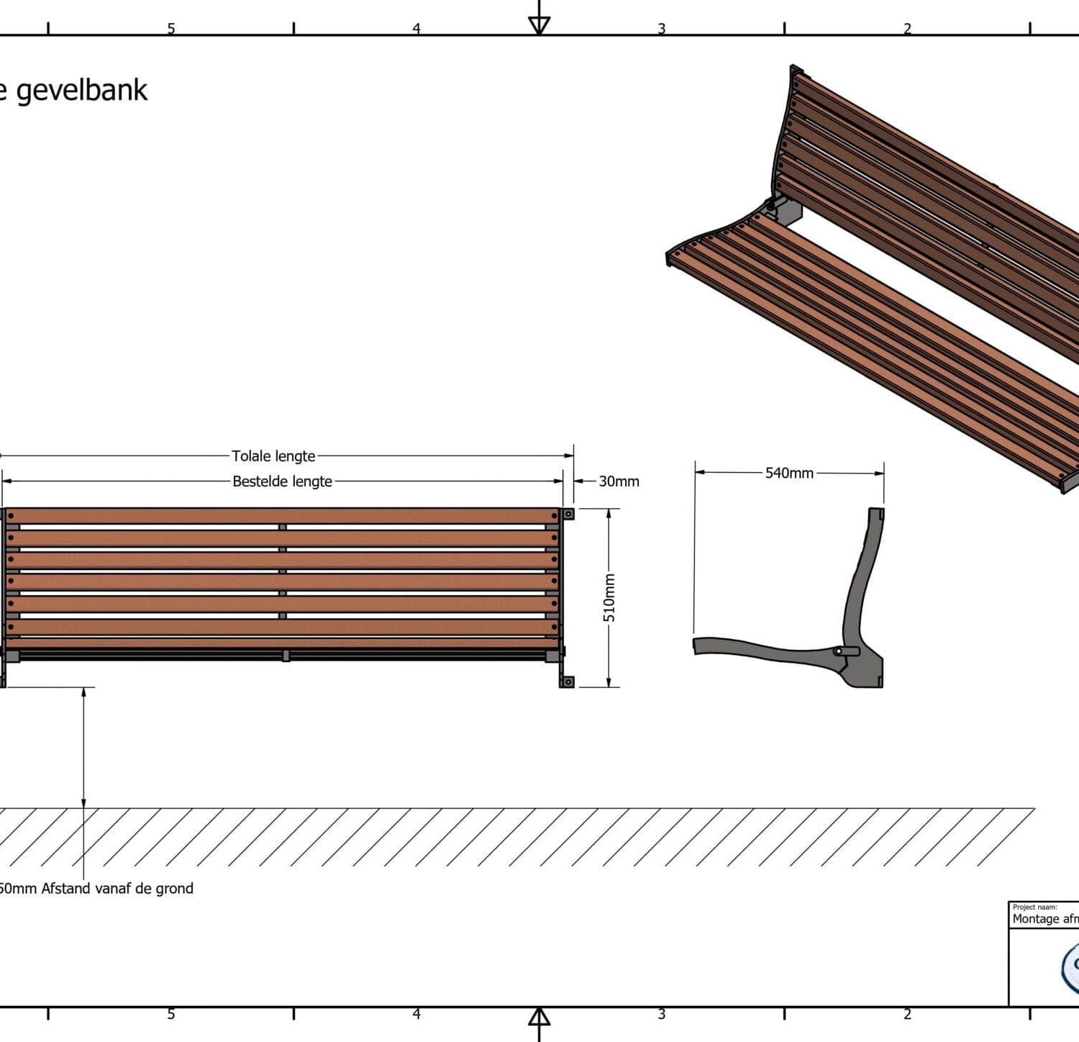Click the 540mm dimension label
pyautogui.click(x=789, y=473)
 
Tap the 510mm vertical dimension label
pyautogui.click(x=609, y=597)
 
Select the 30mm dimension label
pyautogui.click(x=619, y=481)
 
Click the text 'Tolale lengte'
pyautogui.click(x=273, y=456)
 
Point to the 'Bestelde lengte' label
pyautogui.click(x=282, y=481)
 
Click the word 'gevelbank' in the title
pyautogui.click(x=81, y=91)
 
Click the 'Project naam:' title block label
pyautogui.click(x=1034, y=907)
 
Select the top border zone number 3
pyautogui.click(x=661, y=29)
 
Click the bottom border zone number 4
pyautogui.click(x=416, y=1014)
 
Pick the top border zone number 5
pyautogui.click(x=171, y=29)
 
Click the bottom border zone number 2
pyautogui.click(x=907, y=1014)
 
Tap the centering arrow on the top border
pyautogui.click(x=539, y=24)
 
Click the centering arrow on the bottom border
pyautogui.click(x=539, y=1018)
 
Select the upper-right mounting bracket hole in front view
pyautogui.click(x=568, y=514)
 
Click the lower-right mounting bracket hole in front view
pyautogui.click(x=568, y=681)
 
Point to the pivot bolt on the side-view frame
pyautogui.click(x=837, y=651)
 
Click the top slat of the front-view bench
pyautogui.click(x=282, y=516)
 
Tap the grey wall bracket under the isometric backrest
pyautogui.click(x=786, y=211)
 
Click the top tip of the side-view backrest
pyautogui.click(x=876, y=512)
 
